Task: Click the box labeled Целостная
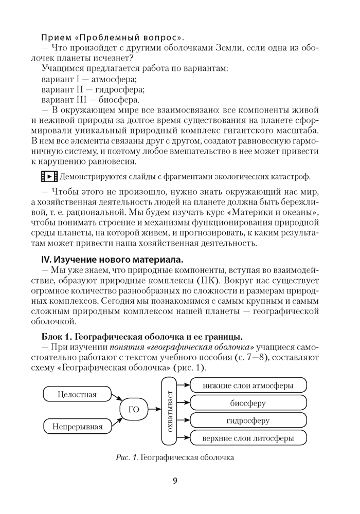pyautogui.click(x=78, y=395)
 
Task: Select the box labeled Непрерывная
pyautogui.click(x=78, y=426)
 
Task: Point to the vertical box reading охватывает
pyautogui.click(x=170, y=411)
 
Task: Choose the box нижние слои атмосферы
pyautogui.click(x=248, y=385)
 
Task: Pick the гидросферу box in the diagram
pyautogui.click(x=248, y=420)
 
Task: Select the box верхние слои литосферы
pyautogui.click(x=248, y=438)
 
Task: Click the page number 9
pyautogui.click(x=175, y=481)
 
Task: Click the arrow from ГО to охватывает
pyautogui.click(x=153, y=410)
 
